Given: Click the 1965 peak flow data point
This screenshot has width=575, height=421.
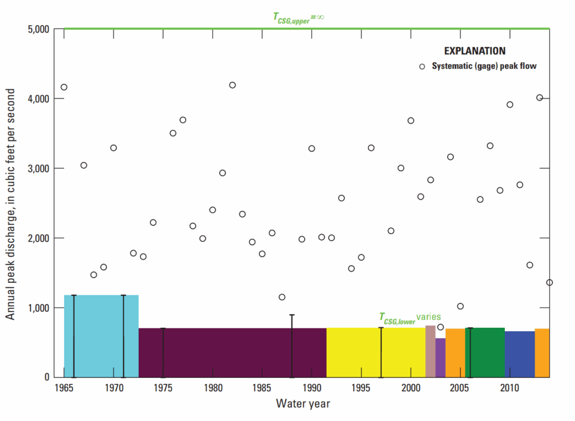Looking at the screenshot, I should click(64, 87).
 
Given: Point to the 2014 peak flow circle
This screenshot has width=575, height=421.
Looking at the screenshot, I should click(549, 282).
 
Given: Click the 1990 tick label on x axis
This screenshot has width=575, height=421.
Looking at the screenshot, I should click(312, 388).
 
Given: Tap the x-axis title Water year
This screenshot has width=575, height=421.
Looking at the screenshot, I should click(303, 404).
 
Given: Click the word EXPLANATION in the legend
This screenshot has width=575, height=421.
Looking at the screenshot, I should click(474, 51).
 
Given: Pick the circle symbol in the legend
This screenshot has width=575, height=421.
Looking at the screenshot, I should click(422, 66).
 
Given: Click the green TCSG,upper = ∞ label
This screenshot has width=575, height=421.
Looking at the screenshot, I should click(295, 17).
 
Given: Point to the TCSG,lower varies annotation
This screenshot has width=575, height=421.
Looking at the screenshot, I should click(410, 317).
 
